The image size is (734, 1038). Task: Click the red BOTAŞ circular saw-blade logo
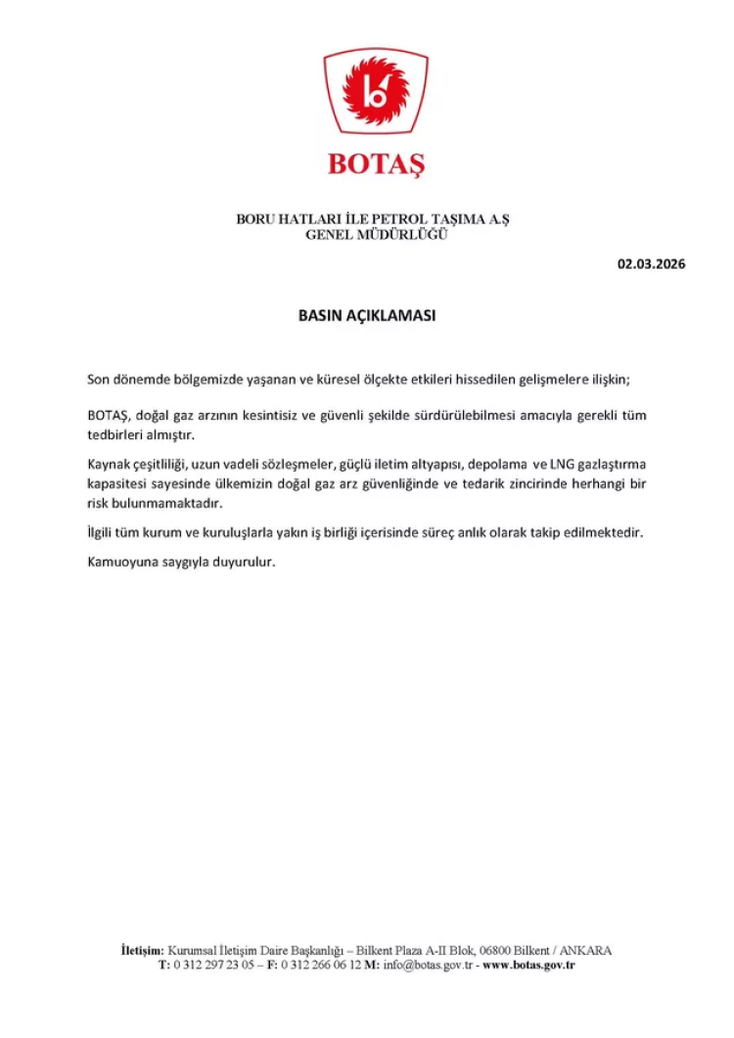[x=376, y=94]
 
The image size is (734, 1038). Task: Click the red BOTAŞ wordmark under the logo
[x=376, y=162]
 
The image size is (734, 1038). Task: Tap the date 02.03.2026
[x=651, y=264]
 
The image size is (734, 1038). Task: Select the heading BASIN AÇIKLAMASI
[x=366, y=317]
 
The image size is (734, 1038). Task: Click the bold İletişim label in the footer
[x=141, y=950]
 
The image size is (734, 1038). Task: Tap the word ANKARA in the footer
[x=586, y=950]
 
